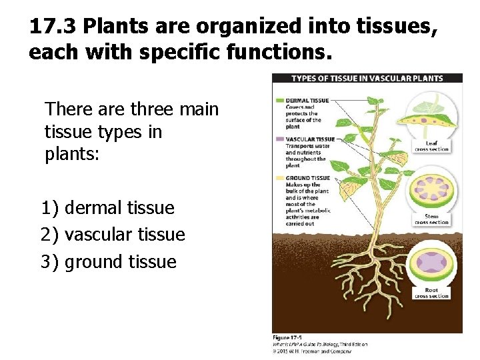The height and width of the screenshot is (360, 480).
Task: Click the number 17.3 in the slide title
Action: coord(53,27)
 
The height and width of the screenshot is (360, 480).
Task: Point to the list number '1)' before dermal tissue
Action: coord(50,208)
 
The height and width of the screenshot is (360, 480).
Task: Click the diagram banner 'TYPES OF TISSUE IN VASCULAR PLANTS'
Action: coord(367,78)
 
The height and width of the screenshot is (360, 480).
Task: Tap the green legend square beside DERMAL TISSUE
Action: coord(279,101)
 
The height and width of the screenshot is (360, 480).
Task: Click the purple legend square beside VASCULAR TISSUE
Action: coord(279,139)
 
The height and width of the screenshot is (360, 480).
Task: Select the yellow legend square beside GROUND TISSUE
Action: coord(279,178)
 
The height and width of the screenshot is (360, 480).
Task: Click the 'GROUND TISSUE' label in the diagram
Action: coord(307,178)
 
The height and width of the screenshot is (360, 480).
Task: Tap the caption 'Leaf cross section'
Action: coord(431,146)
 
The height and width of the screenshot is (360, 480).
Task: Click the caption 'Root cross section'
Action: coord(431,293)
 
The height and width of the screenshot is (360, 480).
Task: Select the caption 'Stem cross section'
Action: coord(431,219)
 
